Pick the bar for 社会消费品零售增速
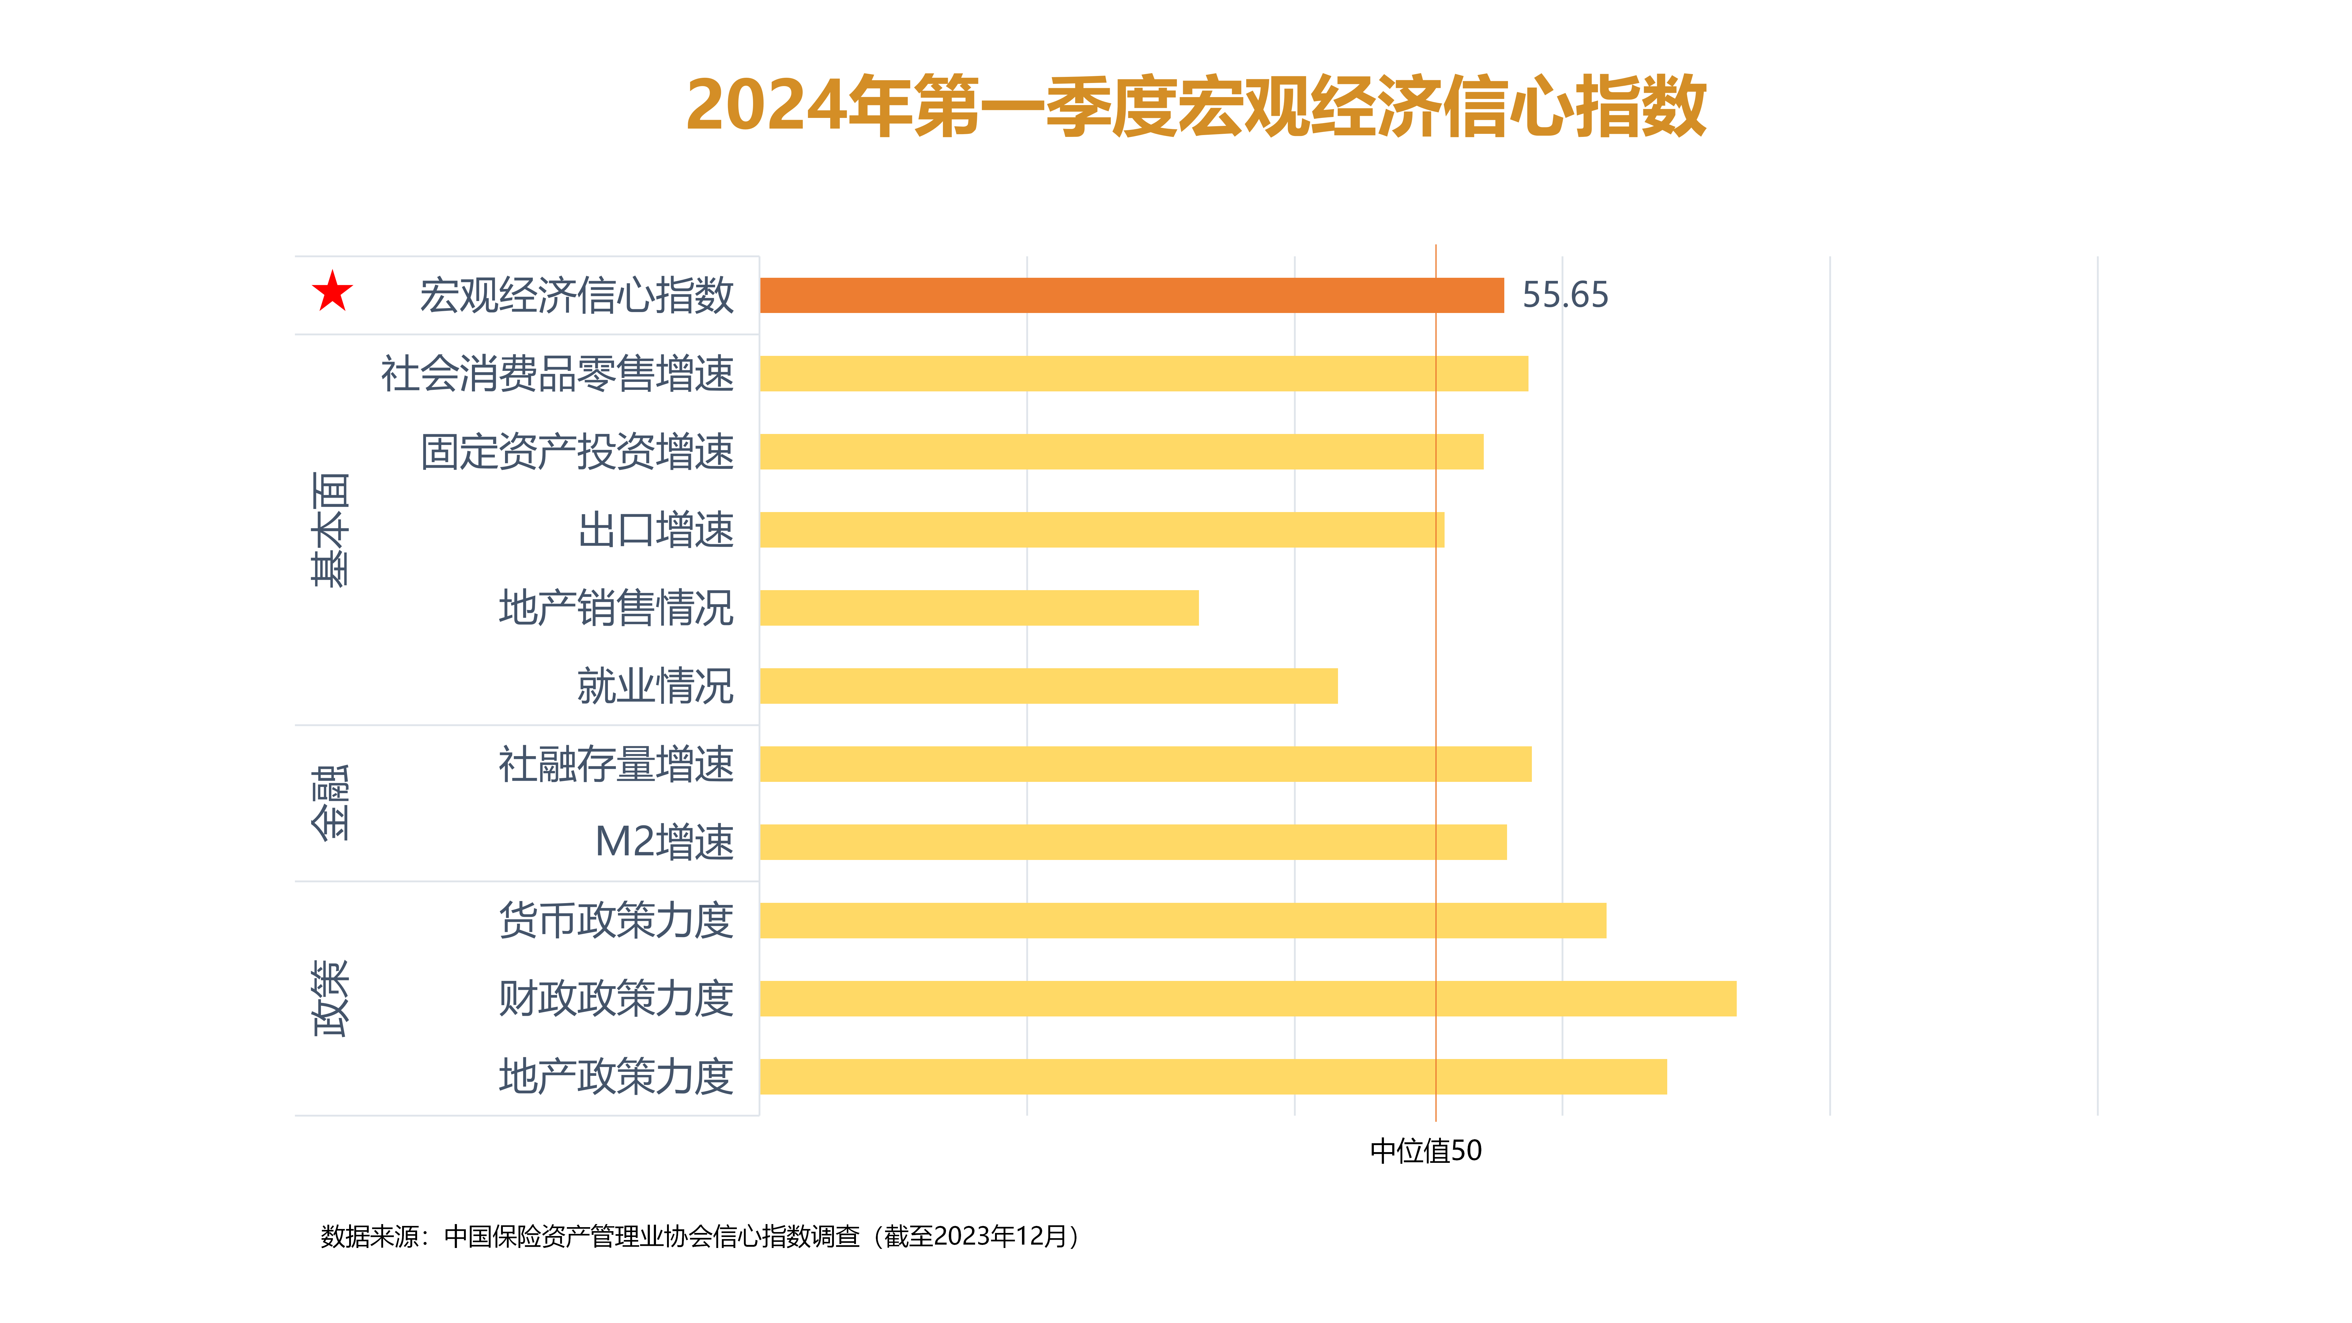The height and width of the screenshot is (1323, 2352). click(1143, 373)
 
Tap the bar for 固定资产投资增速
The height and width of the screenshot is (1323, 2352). click(1121, 451)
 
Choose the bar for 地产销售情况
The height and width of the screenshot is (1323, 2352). click(979, 607)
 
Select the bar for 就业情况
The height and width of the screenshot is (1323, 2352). click(1048, 686)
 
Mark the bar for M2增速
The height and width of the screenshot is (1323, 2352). click(1132, 842)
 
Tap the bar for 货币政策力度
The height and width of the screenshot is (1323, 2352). click(1182, 920)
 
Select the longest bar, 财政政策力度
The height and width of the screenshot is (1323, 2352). click(1247, 998)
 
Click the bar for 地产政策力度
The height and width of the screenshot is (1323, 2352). click(1212, 1076)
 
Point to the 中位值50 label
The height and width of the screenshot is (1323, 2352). click(1425, 1151)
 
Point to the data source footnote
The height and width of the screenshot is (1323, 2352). click(701, 1236)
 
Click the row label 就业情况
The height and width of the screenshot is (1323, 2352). click(655, 686)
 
